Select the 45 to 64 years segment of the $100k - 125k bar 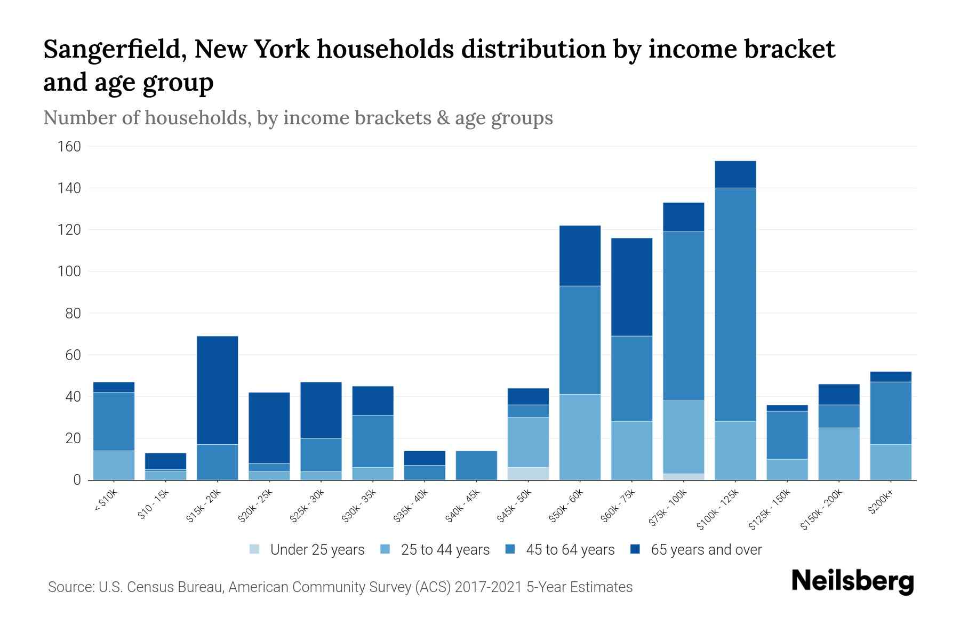point(735,305)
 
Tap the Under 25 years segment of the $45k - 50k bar point(528,474)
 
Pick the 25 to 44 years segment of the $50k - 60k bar point(580,437)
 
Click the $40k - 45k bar point(476,465)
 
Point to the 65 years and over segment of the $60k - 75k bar point(631,287)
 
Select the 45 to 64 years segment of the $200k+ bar point(890,413)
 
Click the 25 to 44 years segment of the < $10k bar point(114,465)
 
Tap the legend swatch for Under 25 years point(255,549)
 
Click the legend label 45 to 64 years point(570,549)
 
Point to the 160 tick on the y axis point(69,147)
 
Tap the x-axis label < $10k point(106,501)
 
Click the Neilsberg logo point(852,581)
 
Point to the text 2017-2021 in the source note point(488,587)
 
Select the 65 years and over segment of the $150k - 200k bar point(838,394)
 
